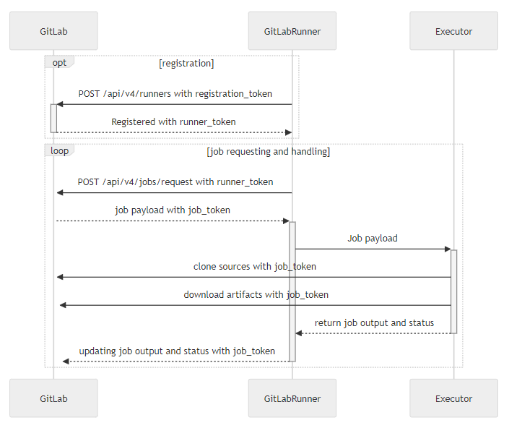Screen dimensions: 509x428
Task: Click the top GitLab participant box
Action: (x=53, y=31)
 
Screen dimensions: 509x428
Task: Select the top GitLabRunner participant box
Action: (x=292, y=31)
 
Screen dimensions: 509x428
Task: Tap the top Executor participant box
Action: (x=453, y=31)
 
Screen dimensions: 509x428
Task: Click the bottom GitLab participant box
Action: (x=53, y=398)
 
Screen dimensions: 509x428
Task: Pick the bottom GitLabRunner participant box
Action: (x=292, y=398)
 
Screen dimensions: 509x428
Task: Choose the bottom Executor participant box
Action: (x=453, y=398)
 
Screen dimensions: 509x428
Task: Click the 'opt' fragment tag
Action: (x=59, y=62)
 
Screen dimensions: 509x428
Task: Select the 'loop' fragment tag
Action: (x=59, y=150)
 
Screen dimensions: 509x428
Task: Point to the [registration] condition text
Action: (x=186, y=64)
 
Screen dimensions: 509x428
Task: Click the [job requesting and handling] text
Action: (x=268, y=152)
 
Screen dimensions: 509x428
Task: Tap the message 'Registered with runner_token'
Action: (x=173, y=122)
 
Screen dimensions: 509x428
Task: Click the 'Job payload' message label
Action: (x=373, y=239)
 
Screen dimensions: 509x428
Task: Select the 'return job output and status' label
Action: (x=374, y=323)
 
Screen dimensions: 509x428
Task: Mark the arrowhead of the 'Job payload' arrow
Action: (x=448, y=249)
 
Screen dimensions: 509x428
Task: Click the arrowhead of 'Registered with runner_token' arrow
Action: (x=288, y=132)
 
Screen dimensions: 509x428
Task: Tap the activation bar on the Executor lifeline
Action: (x=454, y=291)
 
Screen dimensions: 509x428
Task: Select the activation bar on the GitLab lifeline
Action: (x=53, y=119)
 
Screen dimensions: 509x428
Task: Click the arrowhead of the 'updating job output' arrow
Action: (x=66, y=361)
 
